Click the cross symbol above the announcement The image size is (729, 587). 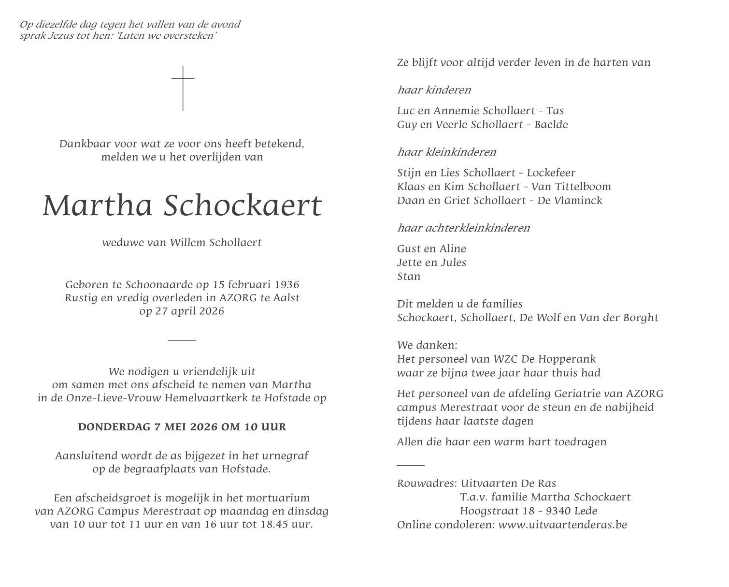(x=183, y=88)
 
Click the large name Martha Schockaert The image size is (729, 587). (x=182, y=206)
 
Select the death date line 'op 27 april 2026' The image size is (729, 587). (x=182, y=311)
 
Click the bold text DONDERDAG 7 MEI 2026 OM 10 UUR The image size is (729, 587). (x=182, y=427)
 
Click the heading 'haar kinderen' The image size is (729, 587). (x=434, y=90)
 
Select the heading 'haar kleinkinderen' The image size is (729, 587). (x=446, y=152)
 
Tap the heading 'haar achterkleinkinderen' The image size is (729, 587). (x=463, y=228)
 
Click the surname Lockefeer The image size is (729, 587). (x=551, y=173)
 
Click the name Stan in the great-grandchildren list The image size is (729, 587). (x=409, y=277)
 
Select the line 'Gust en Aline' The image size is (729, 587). (x=431, y=249)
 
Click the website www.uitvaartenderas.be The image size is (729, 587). (x=562, y=525)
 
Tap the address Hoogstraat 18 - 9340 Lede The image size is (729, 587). (x=529, y=511)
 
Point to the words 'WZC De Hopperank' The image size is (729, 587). (x=544, y=359)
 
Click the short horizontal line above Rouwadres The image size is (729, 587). (x=411, y=465)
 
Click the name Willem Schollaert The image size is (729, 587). (x=215, y=243)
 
